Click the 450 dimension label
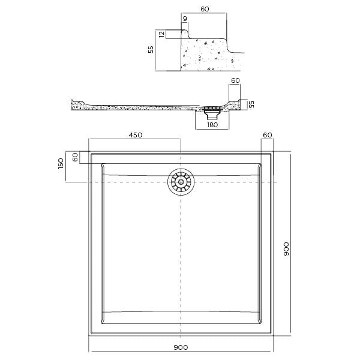(x=135, y=135)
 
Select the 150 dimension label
(x=61, y=164)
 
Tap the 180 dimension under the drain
(x=212, y=125)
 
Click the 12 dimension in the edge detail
(x=161, y=35)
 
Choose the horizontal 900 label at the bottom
(x=181, y=347)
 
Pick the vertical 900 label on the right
(x=286, y=249)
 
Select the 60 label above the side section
(x=235, y=80)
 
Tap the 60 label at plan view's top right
(x=268, y=135)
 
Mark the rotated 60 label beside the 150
(x=75, y=158)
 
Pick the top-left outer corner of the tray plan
(x=89, y=152)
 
